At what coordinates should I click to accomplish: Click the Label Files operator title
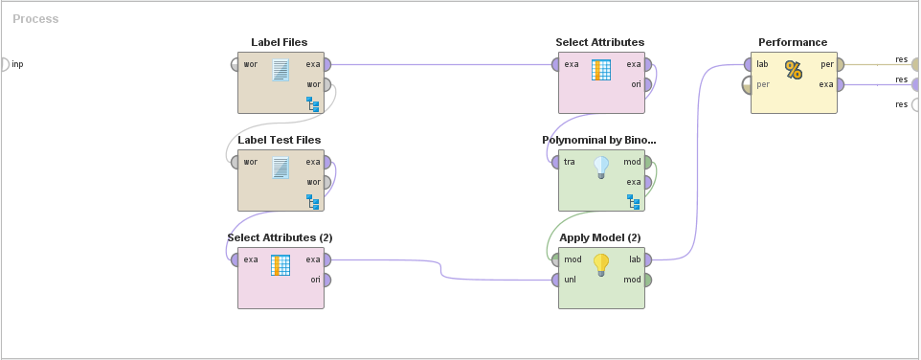[280, 42]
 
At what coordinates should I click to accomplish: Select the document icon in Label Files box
[281, 70]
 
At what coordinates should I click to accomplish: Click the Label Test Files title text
[280, 140]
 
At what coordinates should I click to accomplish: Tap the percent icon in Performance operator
[793, 70]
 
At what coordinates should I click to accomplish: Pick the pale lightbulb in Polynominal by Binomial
[601, 168]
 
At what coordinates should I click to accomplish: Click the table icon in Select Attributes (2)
[281, 265]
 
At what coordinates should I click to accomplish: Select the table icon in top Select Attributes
[601, 70]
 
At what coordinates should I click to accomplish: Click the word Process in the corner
[35, 19]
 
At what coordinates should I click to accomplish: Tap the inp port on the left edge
[4, 65]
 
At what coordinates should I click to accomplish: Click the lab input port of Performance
[747, 65]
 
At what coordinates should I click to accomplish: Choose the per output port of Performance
[840, 65]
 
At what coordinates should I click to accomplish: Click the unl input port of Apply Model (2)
[555, 280]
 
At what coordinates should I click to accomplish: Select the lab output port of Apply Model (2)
[648, 259]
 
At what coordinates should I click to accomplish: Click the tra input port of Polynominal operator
[555, 163]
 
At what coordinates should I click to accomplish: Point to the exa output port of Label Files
[327, 65]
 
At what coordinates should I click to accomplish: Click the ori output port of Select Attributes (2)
[327, 280]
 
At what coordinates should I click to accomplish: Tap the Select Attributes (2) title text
[280, 237]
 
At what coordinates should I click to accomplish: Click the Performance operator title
[793, 42]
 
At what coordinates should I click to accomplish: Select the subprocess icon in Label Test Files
[311, 201]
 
